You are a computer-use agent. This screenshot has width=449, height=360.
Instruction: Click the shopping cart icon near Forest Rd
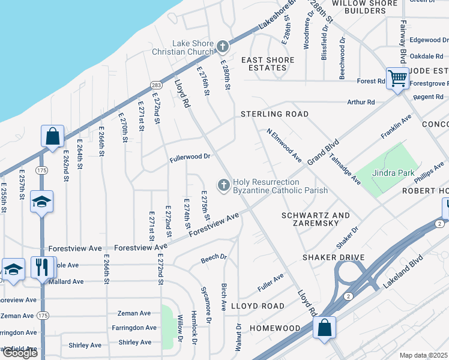pyautogui.click(x=397, y=78)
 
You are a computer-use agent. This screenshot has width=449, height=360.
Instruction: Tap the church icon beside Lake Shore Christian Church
pyautogui.click(x=223, y=46)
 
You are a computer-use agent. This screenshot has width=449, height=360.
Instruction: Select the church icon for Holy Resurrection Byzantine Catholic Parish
pyautogui.click(x=224, y=185)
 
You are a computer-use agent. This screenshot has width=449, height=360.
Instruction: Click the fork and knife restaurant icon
pyautogui.click(x=42, y=267)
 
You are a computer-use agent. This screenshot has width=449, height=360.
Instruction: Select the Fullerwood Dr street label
pyautogui.click(x=190, y=156)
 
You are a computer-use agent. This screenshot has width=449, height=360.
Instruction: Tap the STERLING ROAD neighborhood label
pyautogui.click(x=274, y=114)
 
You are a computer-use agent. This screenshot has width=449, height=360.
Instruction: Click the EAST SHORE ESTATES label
pyautogui.click(x=268, y=64)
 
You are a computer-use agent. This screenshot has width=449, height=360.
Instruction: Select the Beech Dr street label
pyautogui.click(x=214, y=257)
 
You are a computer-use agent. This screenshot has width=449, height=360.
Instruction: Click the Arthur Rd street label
pyautogui.click(x=361, y=102)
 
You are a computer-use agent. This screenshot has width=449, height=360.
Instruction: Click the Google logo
pyautogui.click(x=19, y=353)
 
